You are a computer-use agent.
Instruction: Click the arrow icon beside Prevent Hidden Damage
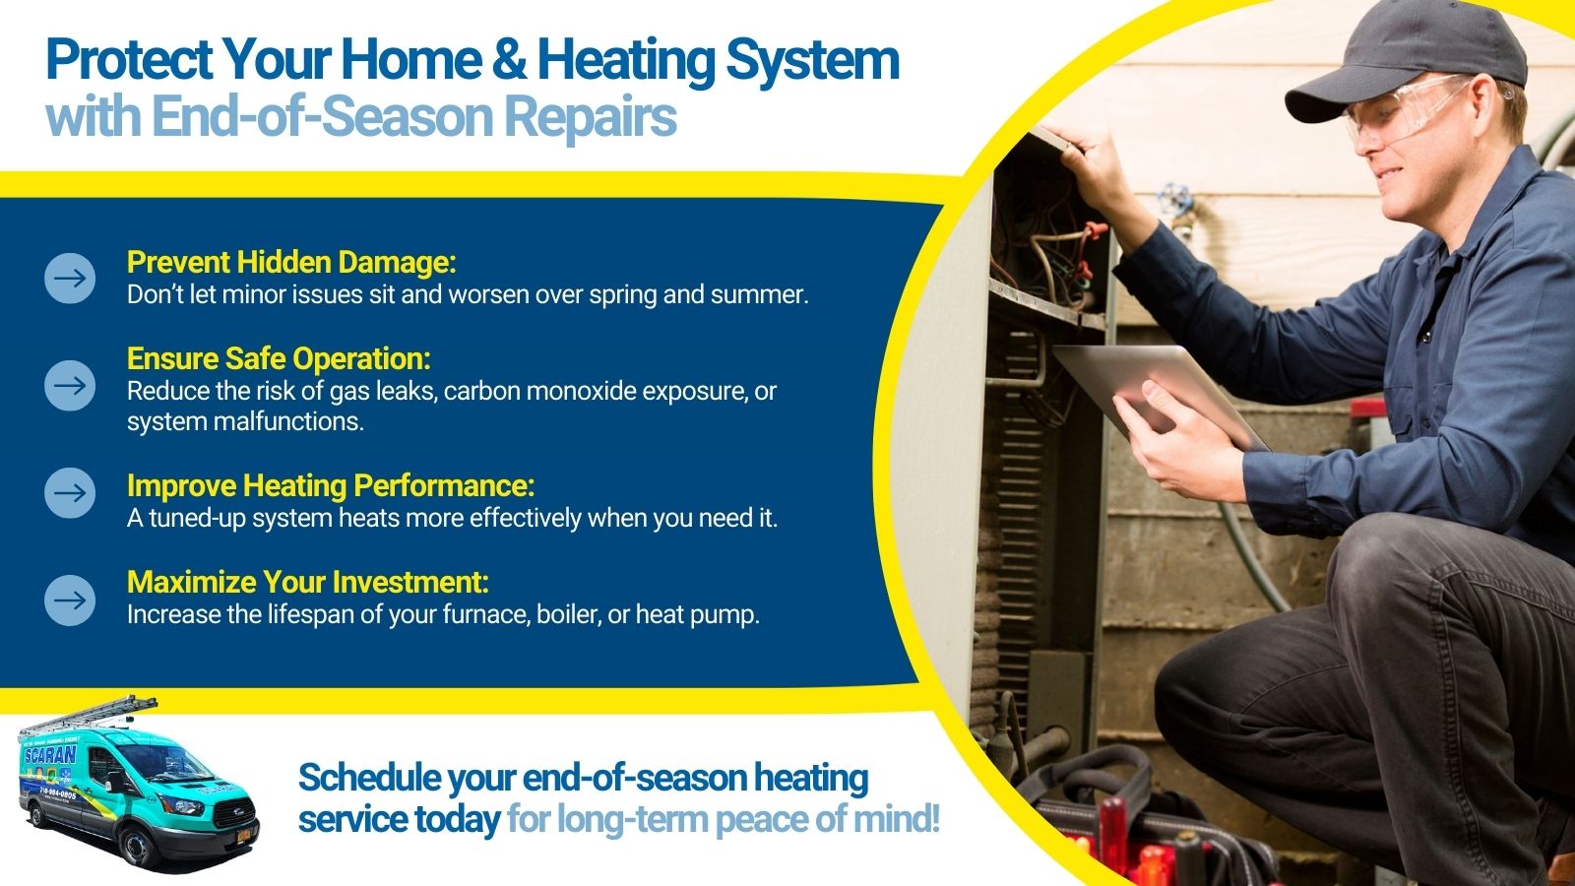70,279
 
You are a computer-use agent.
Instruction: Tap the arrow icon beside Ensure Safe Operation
70,385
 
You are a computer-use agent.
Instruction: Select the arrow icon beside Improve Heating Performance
70,493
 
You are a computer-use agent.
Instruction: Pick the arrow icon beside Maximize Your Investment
70,600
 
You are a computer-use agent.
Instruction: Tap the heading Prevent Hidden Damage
291,262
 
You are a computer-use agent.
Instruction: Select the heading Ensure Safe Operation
279,358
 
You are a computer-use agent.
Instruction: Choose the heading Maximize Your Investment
307,582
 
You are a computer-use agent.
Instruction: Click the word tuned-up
196,519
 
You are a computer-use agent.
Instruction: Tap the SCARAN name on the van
49,756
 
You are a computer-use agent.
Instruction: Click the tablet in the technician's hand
1159,395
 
